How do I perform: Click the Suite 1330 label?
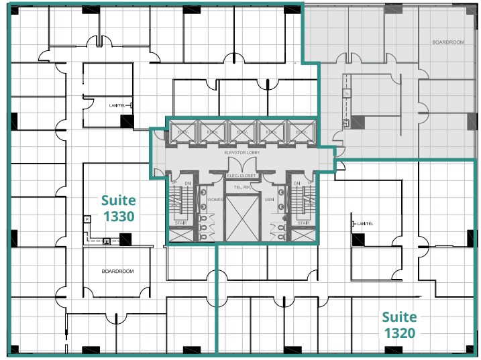coord(118,208)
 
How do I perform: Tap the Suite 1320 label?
coord(399,324)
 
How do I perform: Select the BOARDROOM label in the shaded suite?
coord(447,42)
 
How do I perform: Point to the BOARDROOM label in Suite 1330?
coord(117,272)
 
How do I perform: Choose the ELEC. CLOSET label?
coord(241,176)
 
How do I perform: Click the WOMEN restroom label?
coord(215,199)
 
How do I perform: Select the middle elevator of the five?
coord(240,132)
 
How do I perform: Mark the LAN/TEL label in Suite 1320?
coord(365,223)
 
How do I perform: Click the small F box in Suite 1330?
coord(87,219)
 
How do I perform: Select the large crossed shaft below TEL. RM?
coord(241,219)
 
